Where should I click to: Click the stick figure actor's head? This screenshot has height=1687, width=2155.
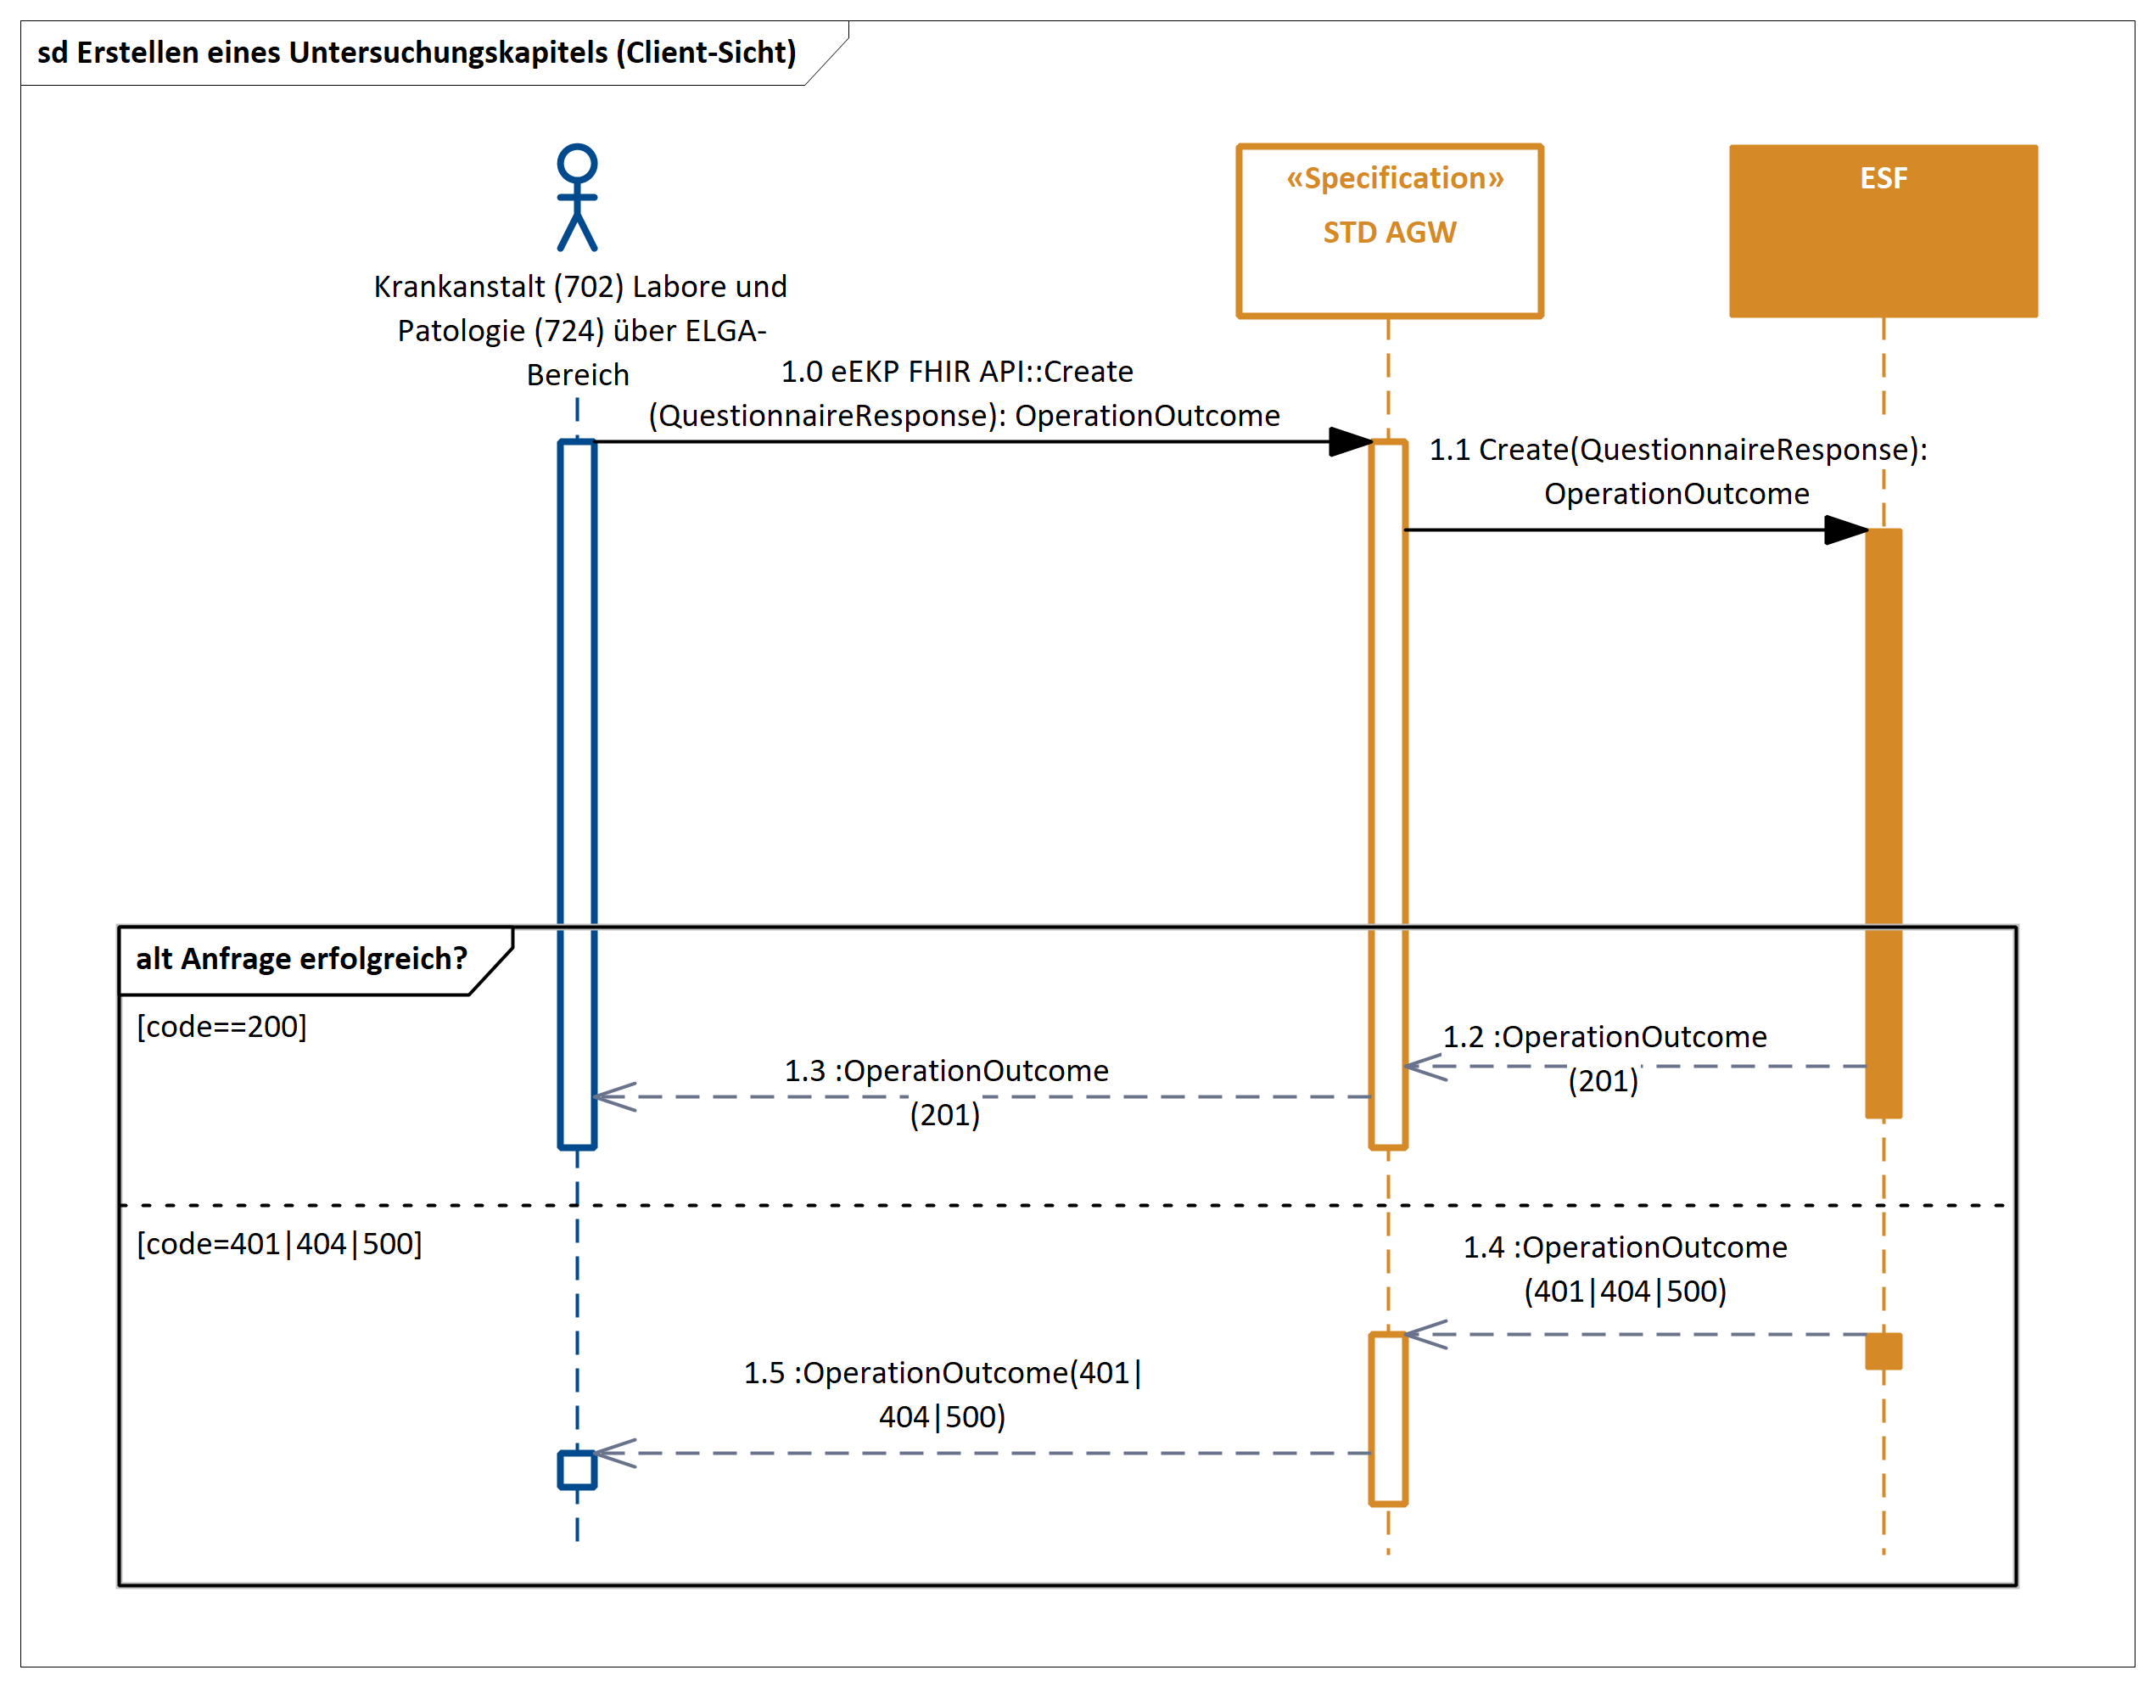coord(577,163)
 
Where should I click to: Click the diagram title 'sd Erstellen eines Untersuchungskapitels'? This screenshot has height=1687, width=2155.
coord(416,53)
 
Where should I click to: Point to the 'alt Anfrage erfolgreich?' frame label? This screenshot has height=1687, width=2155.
coord(301,958)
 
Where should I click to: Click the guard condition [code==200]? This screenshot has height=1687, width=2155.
coord(221,1026)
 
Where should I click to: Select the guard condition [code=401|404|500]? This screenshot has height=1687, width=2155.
coord(279,1243)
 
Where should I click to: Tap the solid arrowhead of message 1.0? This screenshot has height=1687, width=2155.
coord(1350,441)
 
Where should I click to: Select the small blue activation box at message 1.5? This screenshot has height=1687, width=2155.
coord(577,1470)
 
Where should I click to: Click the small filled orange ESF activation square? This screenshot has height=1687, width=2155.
coord(1884,1351)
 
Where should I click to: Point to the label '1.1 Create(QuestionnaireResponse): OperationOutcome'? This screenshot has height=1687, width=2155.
coord(1677,471)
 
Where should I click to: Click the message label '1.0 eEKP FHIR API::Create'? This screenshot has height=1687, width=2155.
coord(957,372)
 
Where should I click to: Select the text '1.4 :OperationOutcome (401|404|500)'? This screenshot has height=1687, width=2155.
coord(1625,1269)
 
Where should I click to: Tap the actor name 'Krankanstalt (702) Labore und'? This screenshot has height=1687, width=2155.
coord(579,287)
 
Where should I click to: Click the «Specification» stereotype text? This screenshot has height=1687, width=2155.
coord(1395,178)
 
